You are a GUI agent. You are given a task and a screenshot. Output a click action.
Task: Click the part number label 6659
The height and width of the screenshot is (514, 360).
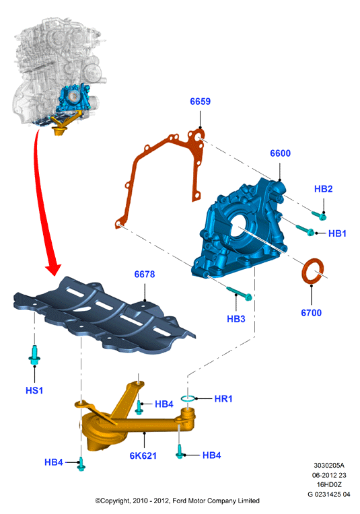(200, 102)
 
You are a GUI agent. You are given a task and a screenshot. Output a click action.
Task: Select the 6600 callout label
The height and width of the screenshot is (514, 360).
(280, 153)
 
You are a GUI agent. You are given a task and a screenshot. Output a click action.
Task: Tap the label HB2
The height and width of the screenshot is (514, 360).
(323, 189)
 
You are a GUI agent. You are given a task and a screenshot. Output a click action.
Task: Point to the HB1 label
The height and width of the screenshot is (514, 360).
(337, 233)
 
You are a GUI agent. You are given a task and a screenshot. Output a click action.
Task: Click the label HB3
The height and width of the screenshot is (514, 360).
(236, 319)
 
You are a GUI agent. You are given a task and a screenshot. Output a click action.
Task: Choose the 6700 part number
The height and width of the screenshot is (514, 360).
(311, 313)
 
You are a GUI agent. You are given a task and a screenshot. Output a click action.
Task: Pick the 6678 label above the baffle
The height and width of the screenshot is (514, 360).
(144, 274)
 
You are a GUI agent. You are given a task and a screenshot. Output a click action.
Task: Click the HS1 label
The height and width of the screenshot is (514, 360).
(34, 390)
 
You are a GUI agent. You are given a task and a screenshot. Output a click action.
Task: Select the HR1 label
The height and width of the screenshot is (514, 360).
(223, 398)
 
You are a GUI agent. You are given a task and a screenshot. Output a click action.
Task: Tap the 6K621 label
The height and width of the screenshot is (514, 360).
(143, 455)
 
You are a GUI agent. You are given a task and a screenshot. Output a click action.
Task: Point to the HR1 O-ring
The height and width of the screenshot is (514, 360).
(188, 398)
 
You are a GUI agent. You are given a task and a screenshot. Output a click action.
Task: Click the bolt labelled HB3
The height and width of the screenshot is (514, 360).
(239, 293)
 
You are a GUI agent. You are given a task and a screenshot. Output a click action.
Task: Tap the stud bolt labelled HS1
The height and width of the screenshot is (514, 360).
(34, 355)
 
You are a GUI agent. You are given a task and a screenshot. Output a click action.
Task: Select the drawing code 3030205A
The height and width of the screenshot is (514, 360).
(329, 465)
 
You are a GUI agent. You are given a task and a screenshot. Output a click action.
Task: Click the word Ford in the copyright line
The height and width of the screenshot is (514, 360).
(179, 501)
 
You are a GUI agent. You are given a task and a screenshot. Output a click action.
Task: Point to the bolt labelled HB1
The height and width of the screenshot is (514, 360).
(305, 230)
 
